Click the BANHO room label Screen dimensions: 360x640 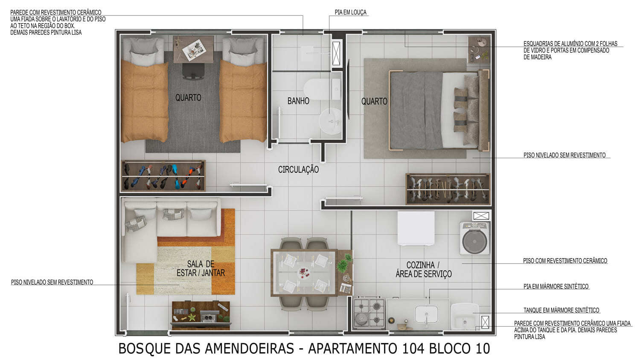point(298,101)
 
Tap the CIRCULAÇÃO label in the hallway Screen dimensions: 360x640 point(298,169)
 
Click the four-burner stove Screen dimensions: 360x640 point(369,313)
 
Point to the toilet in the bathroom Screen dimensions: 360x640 point(318,88)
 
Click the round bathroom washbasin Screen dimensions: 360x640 point(331,121)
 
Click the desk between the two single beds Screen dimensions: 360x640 point(193,49)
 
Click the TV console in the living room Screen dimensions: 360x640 point(201,315)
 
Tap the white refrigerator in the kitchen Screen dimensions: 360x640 point(416,229)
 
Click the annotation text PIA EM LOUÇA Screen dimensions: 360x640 point(350,13)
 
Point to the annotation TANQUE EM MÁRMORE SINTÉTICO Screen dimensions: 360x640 point(561,311)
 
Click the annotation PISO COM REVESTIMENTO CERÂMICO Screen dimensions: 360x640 point(565,261)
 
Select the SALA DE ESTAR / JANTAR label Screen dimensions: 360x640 point(201,269)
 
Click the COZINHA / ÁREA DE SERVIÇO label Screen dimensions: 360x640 point(423,270)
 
